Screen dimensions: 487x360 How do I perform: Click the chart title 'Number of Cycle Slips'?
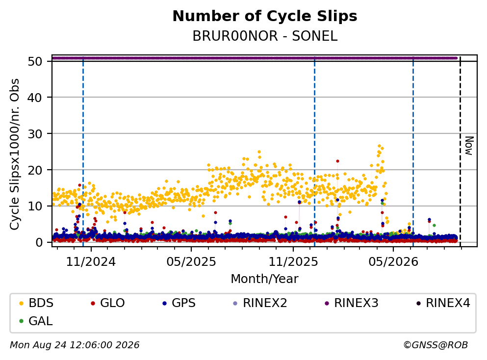click(x=265, y=16)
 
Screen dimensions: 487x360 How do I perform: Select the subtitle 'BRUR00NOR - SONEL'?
click(x=265, y=36)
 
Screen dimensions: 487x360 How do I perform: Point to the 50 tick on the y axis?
click(x=35, y=61)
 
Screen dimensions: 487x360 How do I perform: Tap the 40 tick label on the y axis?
click(x=35, y=98)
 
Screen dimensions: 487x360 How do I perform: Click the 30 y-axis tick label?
click(x=35, y=134)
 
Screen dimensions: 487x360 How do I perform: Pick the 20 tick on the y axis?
click(x=35, y=170)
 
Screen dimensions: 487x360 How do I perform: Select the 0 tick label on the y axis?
click(x=39, y=242)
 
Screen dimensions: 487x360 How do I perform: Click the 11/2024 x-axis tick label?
click(x=91, y=262)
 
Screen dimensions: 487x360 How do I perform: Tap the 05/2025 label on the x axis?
click(x=191, y=262)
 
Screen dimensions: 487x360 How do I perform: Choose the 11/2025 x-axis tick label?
click(x=293, y=262)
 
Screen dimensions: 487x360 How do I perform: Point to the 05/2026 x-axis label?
click(x=393, y=262)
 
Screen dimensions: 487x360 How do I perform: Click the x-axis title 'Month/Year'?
click(x=264, y=279)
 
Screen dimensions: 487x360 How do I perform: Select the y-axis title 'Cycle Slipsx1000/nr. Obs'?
click(x=14, y=154)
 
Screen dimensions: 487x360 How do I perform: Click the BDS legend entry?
click(x=36, y=303)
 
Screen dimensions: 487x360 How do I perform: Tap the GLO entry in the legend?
click(x=107, y=303)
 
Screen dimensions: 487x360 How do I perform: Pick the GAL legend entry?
click(x=36, y=321)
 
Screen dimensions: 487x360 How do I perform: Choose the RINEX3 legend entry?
click(x=352, y=303)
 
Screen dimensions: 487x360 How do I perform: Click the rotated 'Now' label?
click(x=469, y=146)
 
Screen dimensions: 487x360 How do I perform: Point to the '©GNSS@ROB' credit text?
click(x=436, y=345)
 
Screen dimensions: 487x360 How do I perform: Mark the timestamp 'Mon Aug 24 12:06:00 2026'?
click(x=75, y=345)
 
